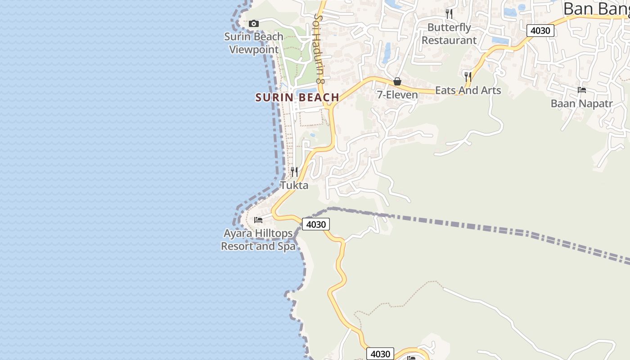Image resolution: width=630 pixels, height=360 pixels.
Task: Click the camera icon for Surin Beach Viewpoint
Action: (254, 23)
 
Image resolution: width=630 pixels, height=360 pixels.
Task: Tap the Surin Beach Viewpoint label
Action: (254, 43)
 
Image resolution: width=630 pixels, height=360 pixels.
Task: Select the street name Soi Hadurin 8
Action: (319, 48)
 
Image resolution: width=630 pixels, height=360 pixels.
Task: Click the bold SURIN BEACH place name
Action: (297, 97)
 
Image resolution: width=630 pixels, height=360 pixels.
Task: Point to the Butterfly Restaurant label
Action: (449, 34)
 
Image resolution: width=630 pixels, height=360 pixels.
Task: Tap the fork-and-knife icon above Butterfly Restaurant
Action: (449, 13)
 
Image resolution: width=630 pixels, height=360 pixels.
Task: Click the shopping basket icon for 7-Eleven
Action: (397, 81)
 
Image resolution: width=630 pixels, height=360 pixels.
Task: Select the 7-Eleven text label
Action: (397, 95)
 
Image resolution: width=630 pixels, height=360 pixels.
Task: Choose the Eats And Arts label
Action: (468, 90)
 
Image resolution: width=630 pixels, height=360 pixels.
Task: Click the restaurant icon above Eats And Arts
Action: (468, 76)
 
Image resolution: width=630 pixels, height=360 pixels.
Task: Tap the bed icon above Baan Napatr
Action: (582, 90)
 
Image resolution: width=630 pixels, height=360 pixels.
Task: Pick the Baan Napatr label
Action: (582, 103)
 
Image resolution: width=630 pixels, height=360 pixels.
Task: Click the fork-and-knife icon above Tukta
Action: (294, 171)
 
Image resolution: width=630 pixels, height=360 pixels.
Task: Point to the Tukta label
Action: (294, 185)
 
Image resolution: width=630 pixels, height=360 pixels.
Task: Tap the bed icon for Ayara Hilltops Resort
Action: (258, 220)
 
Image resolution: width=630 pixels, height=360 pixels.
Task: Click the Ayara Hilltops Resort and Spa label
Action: (258, 240)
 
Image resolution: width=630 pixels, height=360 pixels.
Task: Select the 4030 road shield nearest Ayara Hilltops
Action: (315, 224)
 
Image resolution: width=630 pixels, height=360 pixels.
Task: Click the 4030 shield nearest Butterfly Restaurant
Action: (540, 31)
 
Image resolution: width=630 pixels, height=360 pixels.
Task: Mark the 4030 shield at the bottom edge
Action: (380, 354)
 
